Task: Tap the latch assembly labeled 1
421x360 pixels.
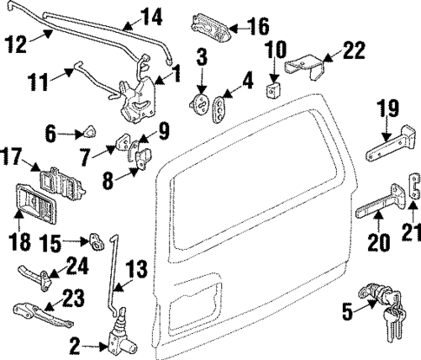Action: (137, 98)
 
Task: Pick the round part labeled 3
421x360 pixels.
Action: (200, 106)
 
